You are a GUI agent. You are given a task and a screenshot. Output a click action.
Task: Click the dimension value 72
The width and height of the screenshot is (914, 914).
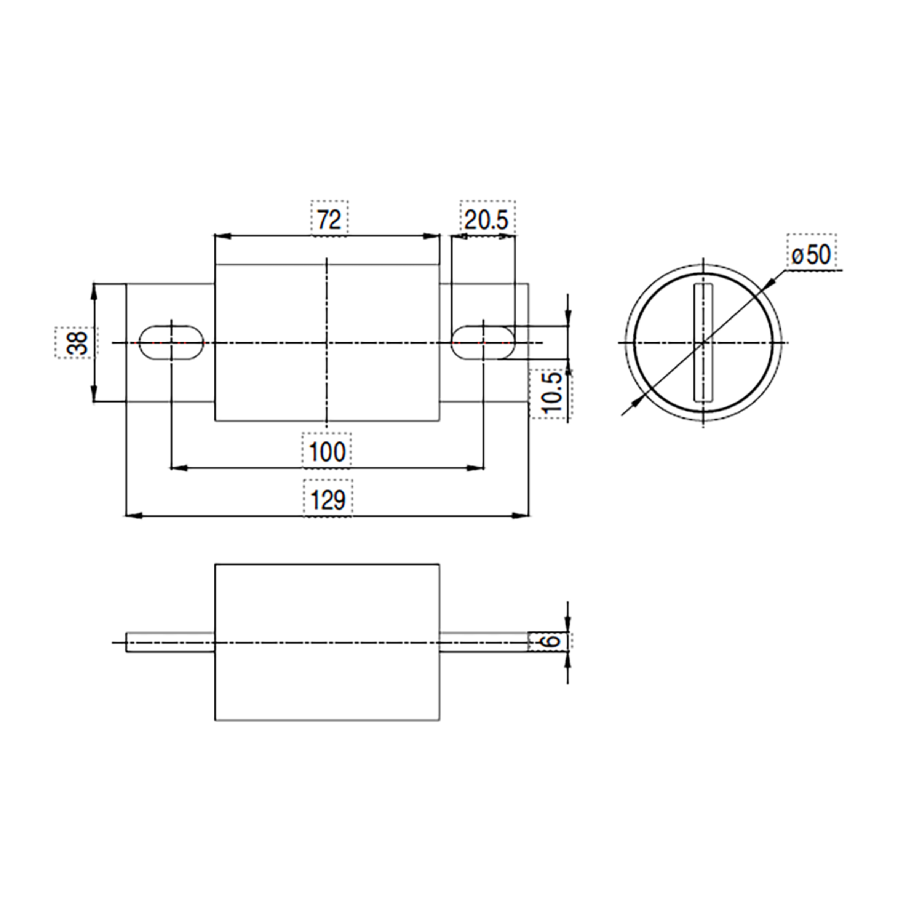pyautogui.click(x=329, y=219)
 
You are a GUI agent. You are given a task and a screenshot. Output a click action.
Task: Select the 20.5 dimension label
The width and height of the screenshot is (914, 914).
pyautogui.click(x=487, y=220)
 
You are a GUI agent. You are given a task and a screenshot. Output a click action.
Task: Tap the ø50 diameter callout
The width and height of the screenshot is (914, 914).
pyautogui.click(x=811, y=256)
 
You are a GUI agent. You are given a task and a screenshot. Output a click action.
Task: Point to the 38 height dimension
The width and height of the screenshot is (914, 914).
pyautogui.click(x=77, y=343)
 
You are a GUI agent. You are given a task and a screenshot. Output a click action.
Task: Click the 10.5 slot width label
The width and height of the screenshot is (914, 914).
pyautogui.click(x=553, y=393)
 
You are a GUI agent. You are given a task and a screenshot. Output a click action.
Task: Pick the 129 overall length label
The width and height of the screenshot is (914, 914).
pyautogui.click(x=328, y=500)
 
